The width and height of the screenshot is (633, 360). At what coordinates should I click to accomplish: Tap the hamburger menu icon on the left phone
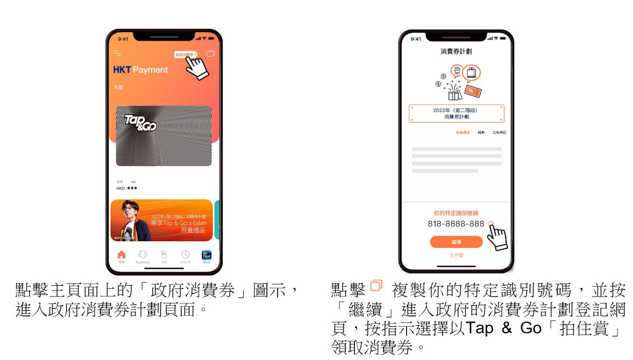coord(118,53)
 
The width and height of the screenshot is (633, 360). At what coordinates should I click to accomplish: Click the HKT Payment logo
coord(140,70)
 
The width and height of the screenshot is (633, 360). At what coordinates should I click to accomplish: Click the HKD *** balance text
coord(126,188)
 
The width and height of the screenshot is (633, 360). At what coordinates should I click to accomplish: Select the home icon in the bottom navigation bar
coord(121,255)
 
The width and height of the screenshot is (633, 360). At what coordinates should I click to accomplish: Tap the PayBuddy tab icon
coord(143,255)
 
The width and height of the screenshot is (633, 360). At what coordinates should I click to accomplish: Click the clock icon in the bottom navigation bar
coord(185,255)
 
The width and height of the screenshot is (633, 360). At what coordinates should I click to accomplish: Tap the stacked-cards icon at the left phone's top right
coord(210,53)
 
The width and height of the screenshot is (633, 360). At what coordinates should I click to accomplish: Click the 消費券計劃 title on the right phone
coord(456,51)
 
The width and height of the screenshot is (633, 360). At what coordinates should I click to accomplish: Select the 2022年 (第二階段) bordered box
coord(456,114)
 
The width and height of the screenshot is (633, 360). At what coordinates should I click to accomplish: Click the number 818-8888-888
coord(456,224)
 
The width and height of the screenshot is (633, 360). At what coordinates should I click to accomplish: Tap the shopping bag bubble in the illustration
coord(471,73)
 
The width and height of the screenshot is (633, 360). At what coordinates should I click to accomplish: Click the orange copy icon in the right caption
coord(376,285)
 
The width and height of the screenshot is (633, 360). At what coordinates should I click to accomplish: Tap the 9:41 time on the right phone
coord(416,39)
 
